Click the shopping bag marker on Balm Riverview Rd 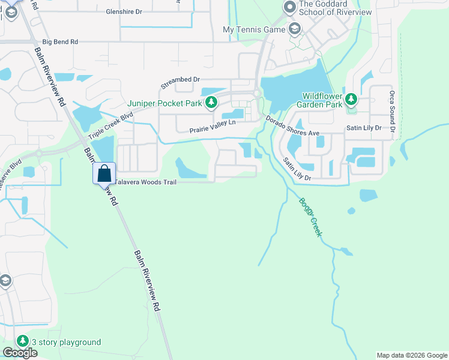tap(104, 173)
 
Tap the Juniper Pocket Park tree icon tap(211, 104)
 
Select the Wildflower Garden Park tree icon tap(351, 100)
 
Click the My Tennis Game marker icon tap(295, 29)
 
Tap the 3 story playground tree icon tap(23, 341)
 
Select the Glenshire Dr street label tap(124, 11)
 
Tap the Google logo tap(20, 353)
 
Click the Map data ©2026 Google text tap(412, 355)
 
